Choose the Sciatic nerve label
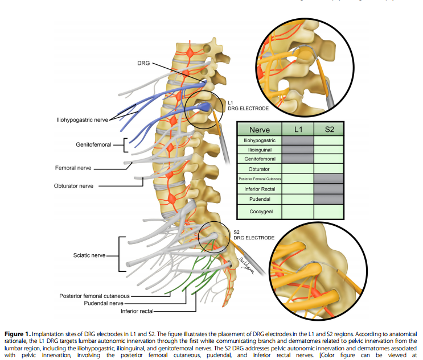pos(90,255)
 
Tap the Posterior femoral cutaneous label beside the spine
pos(95,296)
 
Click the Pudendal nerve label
pos(109,303)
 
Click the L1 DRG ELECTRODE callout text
pos(248,105)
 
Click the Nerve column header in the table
pos(260,129)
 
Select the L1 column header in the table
pos(298,129)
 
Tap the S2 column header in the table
pos(329,129)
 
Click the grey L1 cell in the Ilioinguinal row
pos(298,150)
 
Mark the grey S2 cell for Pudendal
pos(329,198)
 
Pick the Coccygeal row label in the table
pos(260,211)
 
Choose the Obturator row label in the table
pos(260,169)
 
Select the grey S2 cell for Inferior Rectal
pos(329,188)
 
